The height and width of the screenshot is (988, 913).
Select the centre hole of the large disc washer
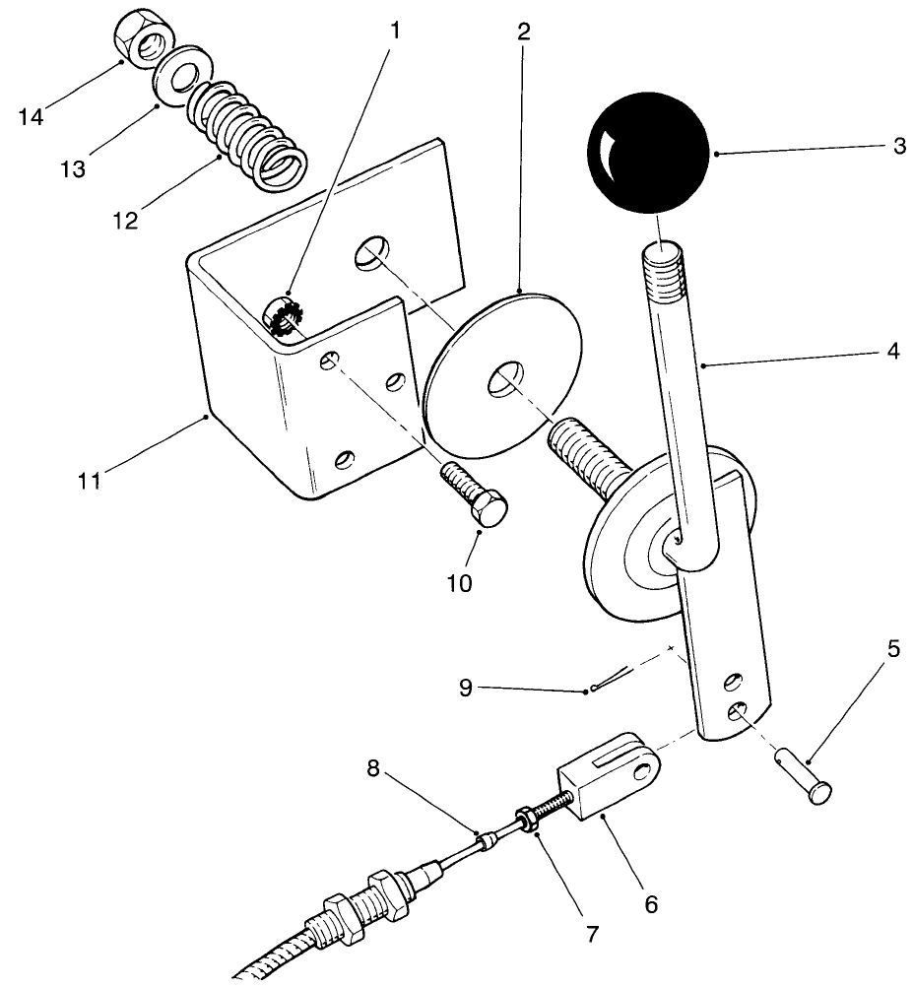(x=505, y=377)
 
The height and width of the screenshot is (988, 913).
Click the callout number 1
(x=396, y=31)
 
